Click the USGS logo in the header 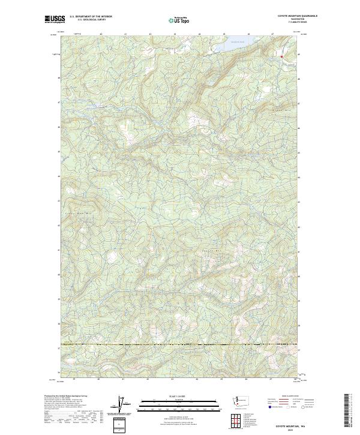55,19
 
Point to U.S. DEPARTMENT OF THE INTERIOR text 91,17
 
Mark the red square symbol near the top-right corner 281,56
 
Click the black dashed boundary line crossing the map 180,346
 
